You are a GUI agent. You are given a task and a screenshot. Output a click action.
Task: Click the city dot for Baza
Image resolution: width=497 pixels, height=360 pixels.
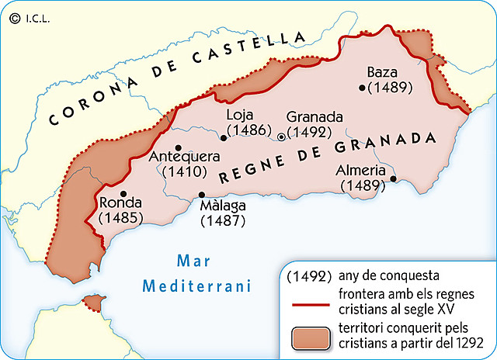[x=362, y=88]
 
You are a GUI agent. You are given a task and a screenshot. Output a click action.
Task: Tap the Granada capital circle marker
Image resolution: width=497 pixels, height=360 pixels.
[x=281, y=136]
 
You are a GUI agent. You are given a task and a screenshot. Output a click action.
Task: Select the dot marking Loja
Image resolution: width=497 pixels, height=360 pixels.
[x=224, y=138]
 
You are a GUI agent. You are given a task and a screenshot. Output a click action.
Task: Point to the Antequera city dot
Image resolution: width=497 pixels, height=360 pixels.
[x=179, y=147]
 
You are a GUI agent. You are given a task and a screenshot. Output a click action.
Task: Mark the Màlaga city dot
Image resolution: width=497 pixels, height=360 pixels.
[x=202, y=195]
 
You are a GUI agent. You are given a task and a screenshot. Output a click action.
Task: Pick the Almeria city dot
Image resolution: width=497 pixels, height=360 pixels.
[x=393, y=178]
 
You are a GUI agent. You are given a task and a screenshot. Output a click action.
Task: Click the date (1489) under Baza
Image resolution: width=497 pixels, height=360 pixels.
[x=391, y=88]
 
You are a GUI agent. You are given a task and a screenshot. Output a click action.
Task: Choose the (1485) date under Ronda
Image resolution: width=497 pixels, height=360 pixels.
[x=119, y=218]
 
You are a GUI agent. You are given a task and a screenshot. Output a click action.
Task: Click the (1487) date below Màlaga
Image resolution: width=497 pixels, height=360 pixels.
[x=223, y=220]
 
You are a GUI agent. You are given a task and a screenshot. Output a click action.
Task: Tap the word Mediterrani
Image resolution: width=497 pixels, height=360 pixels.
[x=198, y=286]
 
